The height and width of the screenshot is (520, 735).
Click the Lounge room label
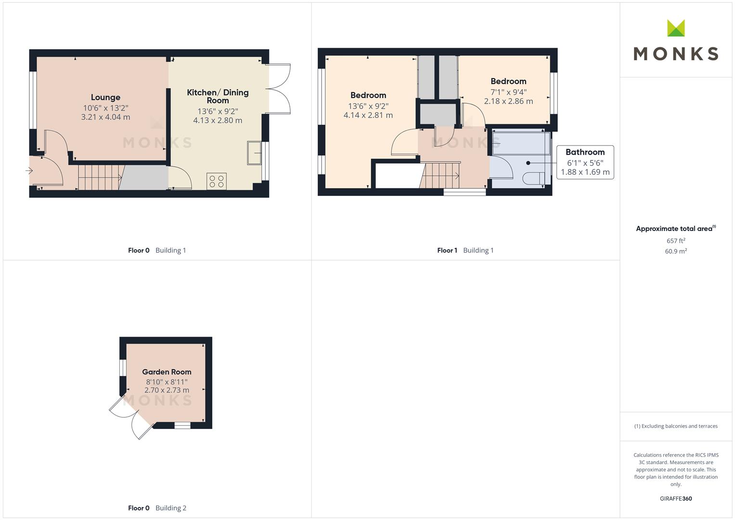pos(105,97)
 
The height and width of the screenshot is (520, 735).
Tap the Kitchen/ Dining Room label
pos(218,96)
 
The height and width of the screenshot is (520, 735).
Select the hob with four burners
pos(217,181)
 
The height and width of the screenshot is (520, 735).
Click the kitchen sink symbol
pos(254,153)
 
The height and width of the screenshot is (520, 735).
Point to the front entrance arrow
pos(29,171)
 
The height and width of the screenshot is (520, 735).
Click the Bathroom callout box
pos(585,162)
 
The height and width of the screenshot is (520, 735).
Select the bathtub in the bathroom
pos(521,143)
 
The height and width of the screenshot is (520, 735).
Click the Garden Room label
pos(167,372)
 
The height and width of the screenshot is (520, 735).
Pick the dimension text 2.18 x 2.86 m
pos(508,102)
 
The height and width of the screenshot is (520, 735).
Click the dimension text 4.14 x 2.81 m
pos(368,115)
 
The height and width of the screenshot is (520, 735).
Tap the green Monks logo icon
pos(676,28)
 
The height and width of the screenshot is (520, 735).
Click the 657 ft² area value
pos(676,241)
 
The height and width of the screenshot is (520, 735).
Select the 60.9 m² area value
pos(676,251)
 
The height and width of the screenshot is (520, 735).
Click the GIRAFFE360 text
pos(676,498)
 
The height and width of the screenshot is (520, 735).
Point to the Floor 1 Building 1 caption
pos(465,250)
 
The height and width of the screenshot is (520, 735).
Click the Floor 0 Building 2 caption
pos(157,508)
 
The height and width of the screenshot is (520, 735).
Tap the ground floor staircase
pos(100,177)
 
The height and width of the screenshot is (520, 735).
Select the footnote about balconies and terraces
pos(676,426)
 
